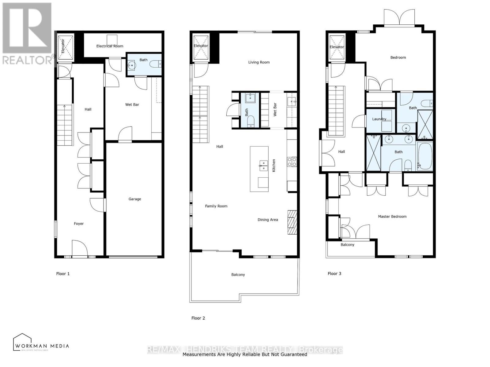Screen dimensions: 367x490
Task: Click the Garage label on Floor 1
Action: [x=135, y=199]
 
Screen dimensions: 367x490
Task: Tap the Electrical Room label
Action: [x=110, y=46]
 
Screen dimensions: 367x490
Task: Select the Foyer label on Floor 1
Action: [x=79, y=224]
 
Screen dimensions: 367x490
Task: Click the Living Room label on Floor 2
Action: [x=259, y=62]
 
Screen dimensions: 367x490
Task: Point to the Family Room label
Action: [x=216, y=206]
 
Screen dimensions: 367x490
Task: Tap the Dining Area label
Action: [x=268, y=220]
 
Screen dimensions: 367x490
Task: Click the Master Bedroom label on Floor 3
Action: [x=392, y=217]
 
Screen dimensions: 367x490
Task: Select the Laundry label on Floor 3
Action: [x=379, y=119]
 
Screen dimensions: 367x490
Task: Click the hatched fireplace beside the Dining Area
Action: [x=292, y=222]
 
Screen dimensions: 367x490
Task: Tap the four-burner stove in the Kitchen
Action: [x=292, y=161]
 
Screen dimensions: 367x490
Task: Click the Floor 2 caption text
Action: [x=198, y=318]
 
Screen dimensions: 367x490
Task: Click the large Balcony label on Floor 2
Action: [x=238, y=275]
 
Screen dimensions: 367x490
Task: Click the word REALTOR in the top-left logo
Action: [x=27, y=60]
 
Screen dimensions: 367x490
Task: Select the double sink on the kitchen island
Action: [x=263, y=165]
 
